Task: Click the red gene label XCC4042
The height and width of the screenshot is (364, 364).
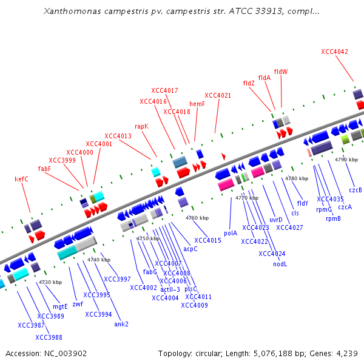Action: [334, 52]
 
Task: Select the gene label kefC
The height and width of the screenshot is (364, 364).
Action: [21, 179]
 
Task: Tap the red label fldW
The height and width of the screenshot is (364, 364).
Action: [281, 72]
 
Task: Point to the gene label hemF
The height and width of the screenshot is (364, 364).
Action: [197, 104]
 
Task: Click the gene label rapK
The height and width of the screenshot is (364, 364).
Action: [141, 127]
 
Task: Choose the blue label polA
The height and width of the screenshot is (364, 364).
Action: [231, 233]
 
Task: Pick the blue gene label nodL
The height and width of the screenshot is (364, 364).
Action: [280, 264]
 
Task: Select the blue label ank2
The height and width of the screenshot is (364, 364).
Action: [121, 324]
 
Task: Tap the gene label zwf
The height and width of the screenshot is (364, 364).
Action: [78, 304]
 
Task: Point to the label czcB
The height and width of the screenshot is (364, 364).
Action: [356, 190]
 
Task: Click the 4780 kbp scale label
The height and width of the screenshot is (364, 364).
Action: [297, 178]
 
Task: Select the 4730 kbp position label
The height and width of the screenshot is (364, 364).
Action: [50, 281]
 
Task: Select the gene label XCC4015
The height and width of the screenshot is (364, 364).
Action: [207, 241]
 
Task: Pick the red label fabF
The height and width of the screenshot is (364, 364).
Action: [44, 169]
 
